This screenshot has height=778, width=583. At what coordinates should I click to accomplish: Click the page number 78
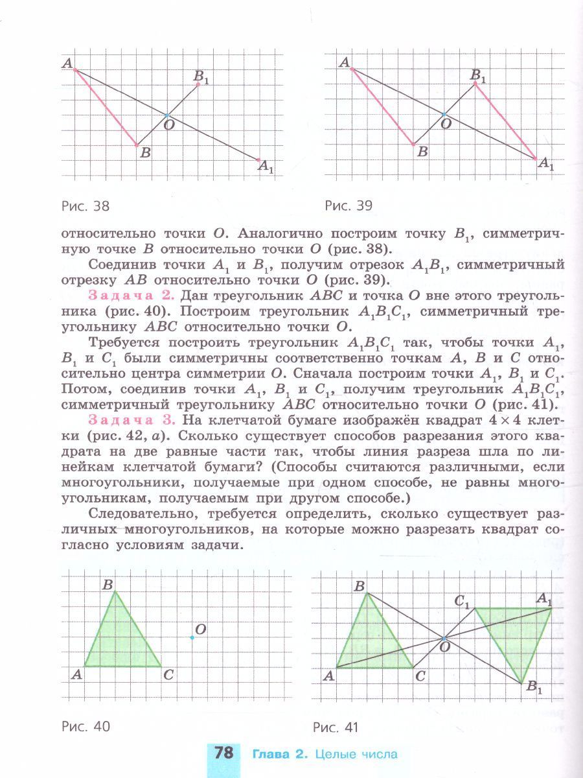pyautogui.click(x=223, y=754)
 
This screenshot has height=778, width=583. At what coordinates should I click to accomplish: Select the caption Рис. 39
pyautogui.click(x=349, y=206)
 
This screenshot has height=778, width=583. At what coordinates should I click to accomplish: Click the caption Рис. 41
pyautogui.click(x=335, y=727)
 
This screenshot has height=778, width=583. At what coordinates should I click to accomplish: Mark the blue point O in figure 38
pyautogui.click(x=167, y=115)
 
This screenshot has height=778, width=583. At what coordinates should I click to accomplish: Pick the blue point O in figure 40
pyautogui.click(x=192, y=637)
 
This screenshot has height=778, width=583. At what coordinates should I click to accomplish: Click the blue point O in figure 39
pyautogui.click(x=444, y=114)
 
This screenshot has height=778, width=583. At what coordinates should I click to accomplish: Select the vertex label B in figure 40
pyautogui.click(x=108, y=584)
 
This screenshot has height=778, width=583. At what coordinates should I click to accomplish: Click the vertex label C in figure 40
pyautogui.click(x=168, y=675)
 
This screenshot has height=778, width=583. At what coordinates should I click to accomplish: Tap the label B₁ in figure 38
pyautogui.click(x=201, y=78)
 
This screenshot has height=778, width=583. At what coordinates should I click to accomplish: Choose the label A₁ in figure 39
pyautogui.click(x=546, y=165)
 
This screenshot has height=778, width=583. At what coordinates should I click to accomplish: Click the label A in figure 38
pyautogui.click(x=66, y=64)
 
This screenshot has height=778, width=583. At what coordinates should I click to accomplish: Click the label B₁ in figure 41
pyautogui.click(x=534, y=689)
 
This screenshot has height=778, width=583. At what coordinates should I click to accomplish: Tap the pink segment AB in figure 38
pyautogui.click(x=106, y=107)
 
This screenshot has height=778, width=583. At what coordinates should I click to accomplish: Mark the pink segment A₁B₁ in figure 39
pyautogui.click(x=505, y=121)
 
